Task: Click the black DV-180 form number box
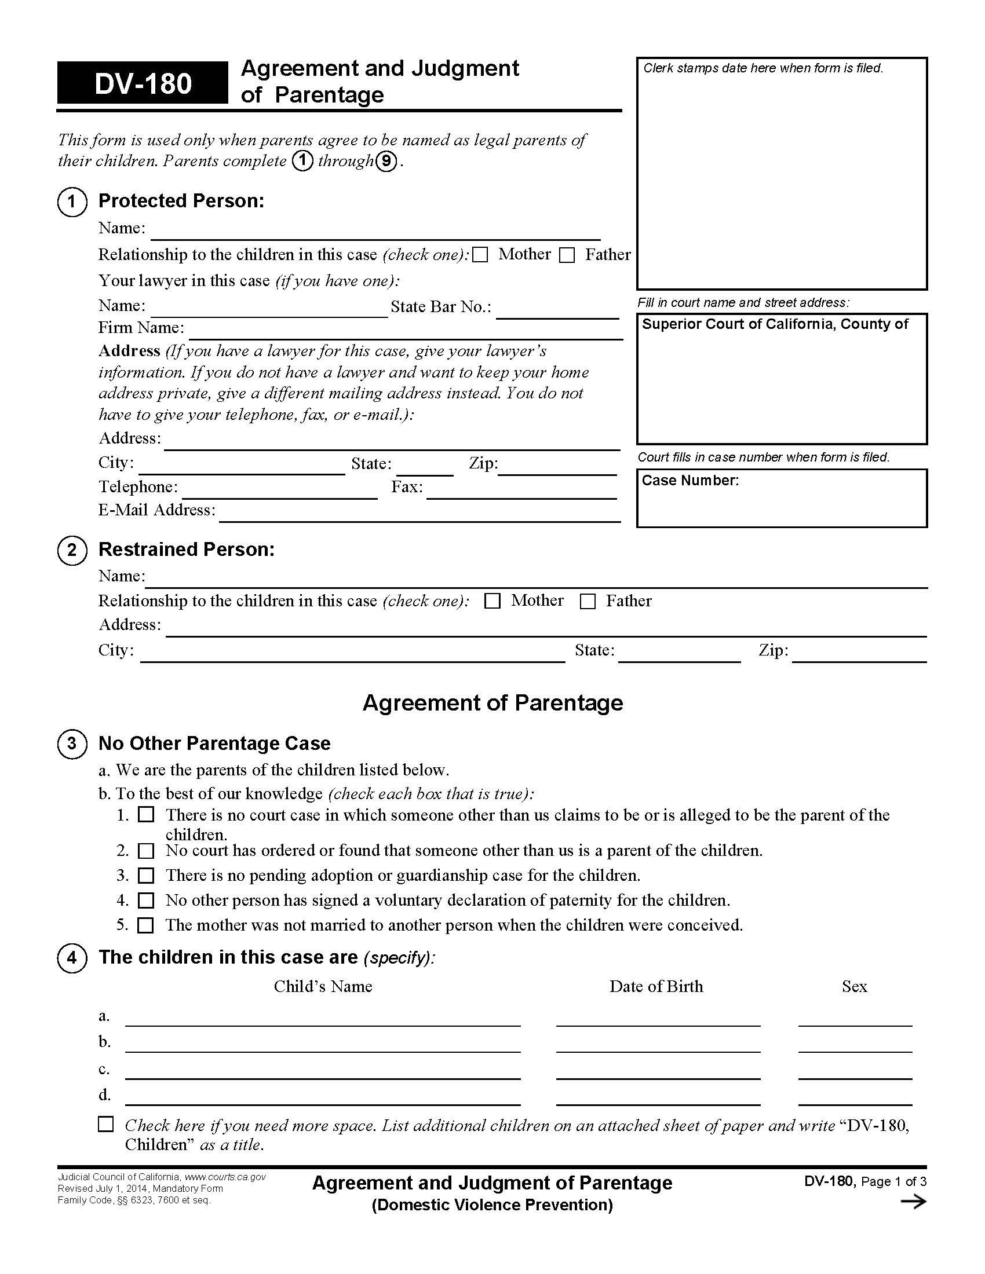pyautogui.click(x=143, y=83)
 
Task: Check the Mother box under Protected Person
pyautogui.click(x=480, y=255)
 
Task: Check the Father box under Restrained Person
pyautogui.click(x=588, y=602)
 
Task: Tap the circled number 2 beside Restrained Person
pyautogui.click(x=72, y=550)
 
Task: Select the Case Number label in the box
pyautogui.click(x=690, y=480)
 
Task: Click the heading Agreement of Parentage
pyautogui.click(x=493, y=702)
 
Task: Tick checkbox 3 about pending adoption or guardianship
pyautogui.click(x=146, y=876)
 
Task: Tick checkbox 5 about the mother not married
pyautogui.click(x=146, y=925)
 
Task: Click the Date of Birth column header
pyautogui.click(x=656, y=986)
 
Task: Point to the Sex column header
pyautogui.click(x=854, y=986)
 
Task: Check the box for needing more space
pyautogui.click(x=105, y=1124)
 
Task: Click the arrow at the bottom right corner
pyautogui.click(x=913, y=1201)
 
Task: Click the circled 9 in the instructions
pyautogui.click(x=386, y=162)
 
